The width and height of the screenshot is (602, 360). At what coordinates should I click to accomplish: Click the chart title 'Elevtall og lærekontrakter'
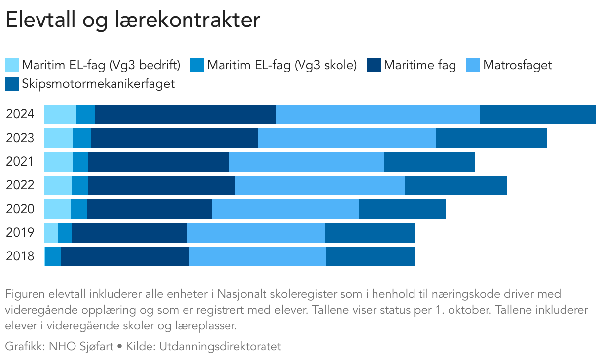coord(132,21)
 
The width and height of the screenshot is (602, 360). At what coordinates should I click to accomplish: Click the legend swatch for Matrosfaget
coord(473,65)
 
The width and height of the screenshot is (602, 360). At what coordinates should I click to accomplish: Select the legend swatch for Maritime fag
coord(374,65)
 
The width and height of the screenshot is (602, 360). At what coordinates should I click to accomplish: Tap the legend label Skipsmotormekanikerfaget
coord(98,84)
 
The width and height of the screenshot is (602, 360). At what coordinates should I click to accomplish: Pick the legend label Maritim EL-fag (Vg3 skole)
coord(282,65)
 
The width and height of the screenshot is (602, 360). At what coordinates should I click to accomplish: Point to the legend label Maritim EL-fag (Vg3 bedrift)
coord(101,65)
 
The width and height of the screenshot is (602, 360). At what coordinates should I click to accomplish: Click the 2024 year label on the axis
coord(20,114)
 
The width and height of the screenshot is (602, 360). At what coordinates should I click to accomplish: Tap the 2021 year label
coord(20,162)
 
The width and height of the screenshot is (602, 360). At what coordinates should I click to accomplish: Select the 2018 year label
coord(20,256)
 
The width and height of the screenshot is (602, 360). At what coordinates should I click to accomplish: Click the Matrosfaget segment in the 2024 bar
coord(377,114)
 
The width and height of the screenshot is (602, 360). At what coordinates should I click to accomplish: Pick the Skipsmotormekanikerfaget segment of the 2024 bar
coord(537,114)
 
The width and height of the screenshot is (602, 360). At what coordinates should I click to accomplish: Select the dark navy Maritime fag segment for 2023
coord(174,138)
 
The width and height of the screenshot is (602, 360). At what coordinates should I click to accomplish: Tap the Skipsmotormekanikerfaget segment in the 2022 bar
coord(455,185)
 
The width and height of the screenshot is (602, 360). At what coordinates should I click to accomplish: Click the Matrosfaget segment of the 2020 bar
coord(285,209)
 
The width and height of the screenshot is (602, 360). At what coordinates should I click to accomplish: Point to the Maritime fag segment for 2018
coord(125,256)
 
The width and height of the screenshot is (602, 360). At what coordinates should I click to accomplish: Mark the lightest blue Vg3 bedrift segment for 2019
coord(51,233)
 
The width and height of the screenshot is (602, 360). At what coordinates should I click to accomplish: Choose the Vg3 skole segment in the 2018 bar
coord(53,256)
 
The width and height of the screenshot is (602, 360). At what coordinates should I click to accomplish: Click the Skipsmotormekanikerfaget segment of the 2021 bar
coord(429,162)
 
